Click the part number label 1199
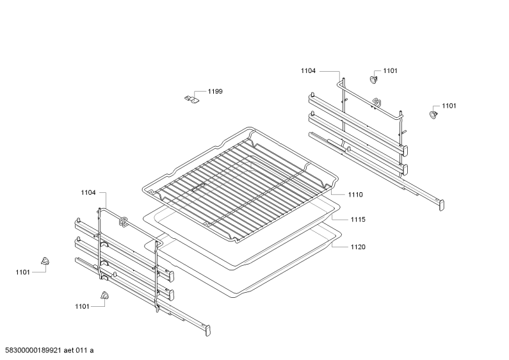pyautogui.click(x=215, y=92)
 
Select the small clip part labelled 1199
pyautogui.click(x=191, y=99)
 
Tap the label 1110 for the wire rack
pyautogui.click(x=355, y=195)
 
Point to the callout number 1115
pyautogui.click(x=358, y=220)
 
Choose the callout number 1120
pyautogui.click(x=358, y=247)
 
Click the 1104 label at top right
pyautogui.click(x=308, y=71)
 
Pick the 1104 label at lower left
pyautogui.click(x=88, y=193)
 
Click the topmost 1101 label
pyautogui.click(x=390, y=71)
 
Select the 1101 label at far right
pyautogui.click(x=449, y=106)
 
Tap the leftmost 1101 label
pyautogui.click(x=22, y=272)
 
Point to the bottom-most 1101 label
pyautogui.click(x=82, y=306)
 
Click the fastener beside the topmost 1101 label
pyautogui.click(x=375, y=79)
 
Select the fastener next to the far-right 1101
pyautogui.click(x=433, y=115)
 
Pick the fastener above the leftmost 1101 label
pyautogui.click(x=45, y=261)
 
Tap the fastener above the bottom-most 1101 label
pyautogui.click(x=104, y=295)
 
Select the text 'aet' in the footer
pyautogui.click(x=69, y=350)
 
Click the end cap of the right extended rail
pyautogui.click(x=442, y=206)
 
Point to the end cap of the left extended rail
pyautogui.click(x=207, y=331)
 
